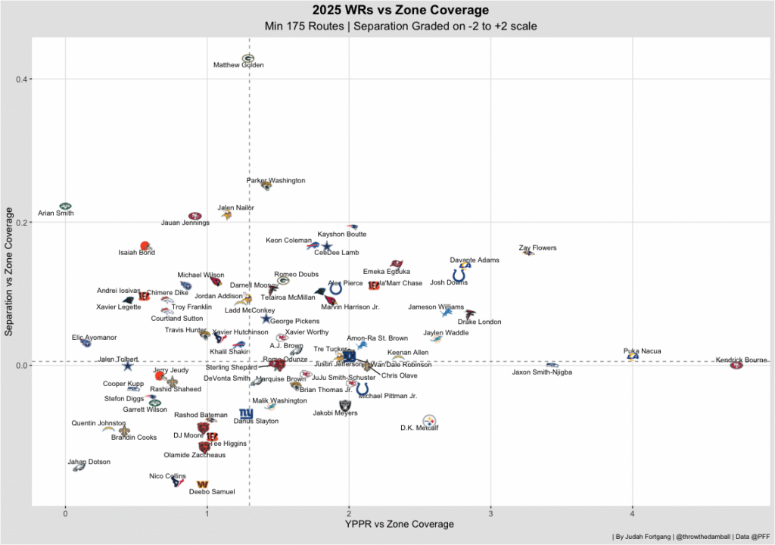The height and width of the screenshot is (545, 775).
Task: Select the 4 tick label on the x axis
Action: (x=632, y=512)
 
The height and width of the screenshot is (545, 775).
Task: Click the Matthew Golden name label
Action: (x=238, y=66)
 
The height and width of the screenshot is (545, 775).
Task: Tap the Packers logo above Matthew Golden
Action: (x=248, y=58)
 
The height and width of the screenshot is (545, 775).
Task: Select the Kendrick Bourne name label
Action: (x=741, y=360)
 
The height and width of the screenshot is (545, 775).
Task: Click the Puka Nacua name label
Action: (x=643, y=351)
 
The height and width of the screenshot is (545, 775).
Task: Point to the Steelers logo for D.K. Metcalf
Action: (x=429, y=420)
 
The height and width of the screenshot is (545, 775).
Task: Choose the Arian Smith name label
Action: (x=56, y=213)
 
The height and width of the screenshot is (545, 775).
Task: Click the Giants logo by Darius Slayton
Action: (x=245, y=413)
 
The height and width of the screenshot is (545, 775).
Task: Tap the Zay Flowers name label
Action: (x=537, y=248)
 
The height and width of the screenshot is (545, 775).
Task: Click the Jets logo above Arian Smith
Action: (x=65, y=206)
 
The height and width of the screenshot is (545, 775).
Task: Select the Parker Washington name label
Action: (x=276, y=181)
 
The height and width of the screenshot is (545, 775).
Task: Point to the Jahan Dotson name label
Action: (x=89, y=462)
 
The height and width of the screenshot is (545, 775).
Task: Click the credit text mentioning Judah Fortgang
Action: (x=689, y=537)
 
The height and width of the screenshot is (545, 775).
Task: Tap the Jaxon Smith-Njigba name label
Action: (x=542, y=372)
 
